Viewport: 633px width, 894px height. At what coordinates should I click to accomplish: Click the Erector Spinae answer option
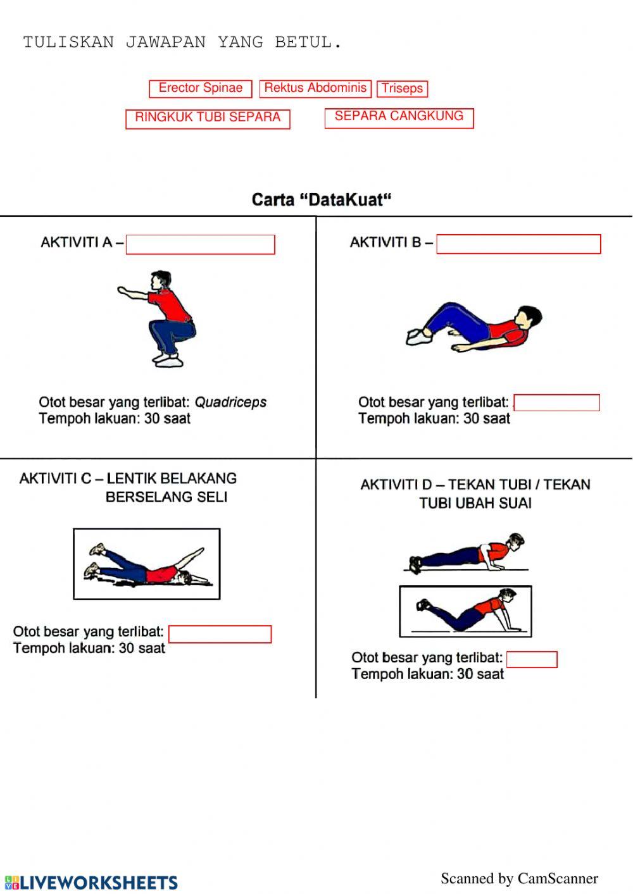pyautogui.click(x=201, y=89)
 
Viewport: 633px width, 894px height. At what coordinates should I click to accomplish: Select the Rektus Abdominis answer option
pyautogui.click(x=315, y=89)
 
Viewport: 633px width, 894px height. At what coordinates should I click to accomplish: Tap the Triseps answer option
pyautogui.click(x=403, y=89)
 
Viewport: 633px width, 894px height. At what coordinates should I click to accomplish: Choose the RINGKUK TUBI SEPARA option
pyautogui.click(x=208, y=118)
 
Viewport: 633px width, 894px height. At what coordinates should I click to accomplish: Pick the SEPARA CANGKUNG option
pyautogui.click(x=399, y=117)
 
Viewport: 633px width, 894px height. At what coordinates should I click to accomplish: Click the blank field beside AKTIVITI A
pyautogui.click(x=200, y=244)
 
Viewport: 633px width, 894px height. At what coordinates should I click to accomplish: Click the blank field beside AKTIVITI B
pyautogui.click(x=518, y=244)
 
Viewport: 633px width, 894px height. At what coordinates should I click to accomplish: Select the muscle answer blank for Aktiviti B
pyautogui.click(x=556, y=402)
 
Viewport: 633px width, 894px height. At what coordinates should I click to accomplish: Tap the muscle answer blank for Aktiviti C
pyautogui.click(x=220, y=634)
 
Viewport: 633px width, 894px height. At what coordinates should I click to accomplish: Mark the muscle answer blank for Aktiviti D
pyautogui.click(x=532, y=659)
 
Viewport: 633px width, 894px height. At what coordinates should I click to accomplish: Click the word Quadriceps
pyautogui.click(x=230, y=402)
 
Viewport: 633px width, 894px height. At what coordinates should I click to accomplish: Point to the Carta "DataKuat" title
pyautogui.click(x=322, y=200)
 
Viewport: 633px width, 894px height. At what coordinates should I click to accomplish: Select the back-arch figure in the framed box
pyautogui.click(x=147, y=564)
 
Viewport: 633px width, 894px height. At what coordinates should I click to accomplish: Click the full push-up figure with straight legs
pyautogui.click(x=467, y=554)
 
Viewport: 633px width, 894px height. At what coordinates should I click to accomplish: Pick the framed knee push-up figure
pyautogui.click(x=465, y=611)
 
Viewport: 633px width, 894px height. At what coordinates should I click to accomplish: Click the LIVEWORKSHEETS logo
pyautogui.click(x=91, y=882)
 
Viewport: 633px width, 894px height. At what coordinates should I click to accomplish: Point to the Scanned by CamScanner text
pyautogui.click(x=519, y=878)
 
